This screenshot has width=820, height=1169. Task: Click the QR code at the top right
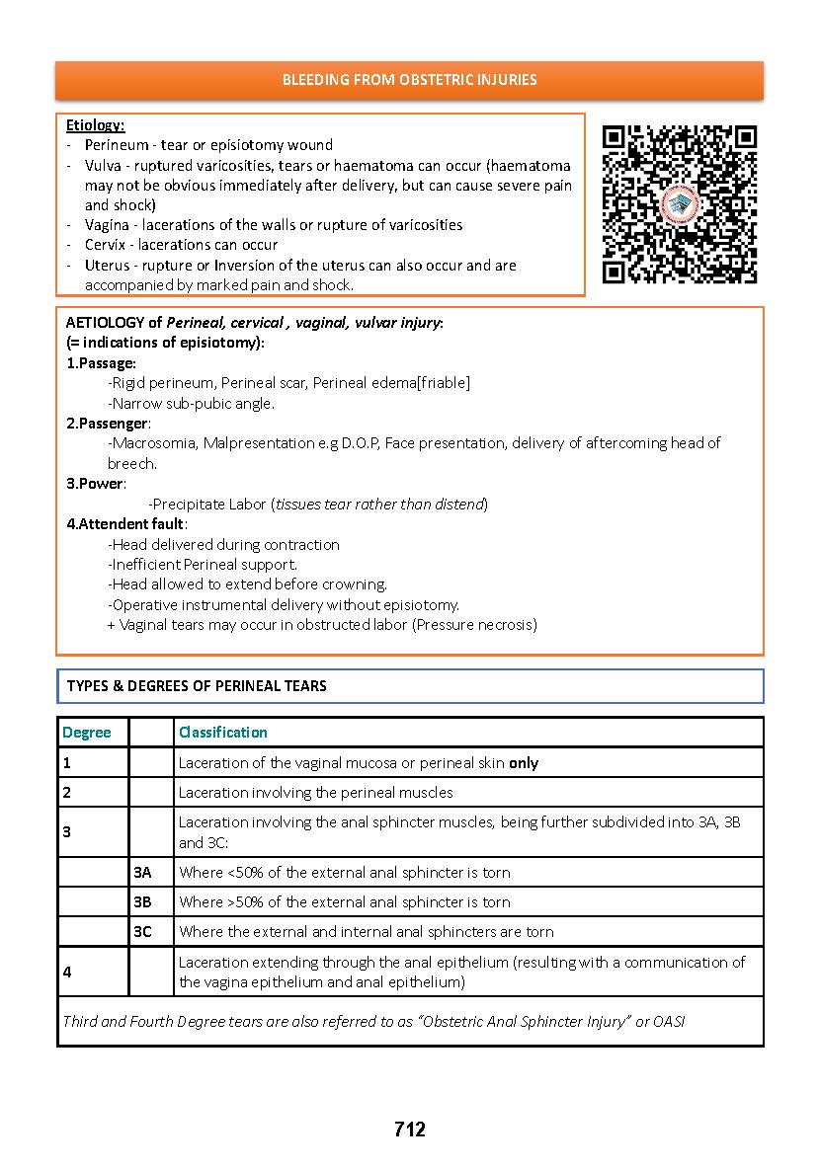pyautogui.click(x=679, y=203)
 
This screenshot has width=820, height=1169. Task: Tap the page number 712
pyautogui.click(x=409, y=1130)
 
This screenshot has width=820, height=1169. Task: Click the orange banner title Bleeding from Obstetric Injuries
pyautogui.click(x=409, y=80)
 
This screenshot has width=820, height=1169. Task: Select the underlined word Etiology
pyautogui.click(x=95, y=125)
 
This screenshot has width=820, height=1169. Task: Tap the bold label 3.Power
pyautogui.click(x=96, y=484)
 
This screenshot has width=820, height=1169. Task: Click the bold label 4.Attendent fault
pyautogui.click(x=125, y=524)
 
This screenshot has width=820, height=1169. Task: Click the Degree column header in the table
pyautogui.click(x=87, y=733)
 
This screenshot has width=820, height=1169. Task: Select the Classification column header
pyautogui.click(x=222, y=733)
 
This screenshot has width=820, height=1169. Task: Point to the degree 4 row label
pyautogui.click(x=67, y=973)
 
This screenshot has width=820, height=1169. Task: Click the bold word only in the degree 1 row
pyautogui.click(x=524, y=763)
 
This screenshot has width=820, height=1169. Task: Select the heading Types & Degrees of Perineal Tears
pyautogui.click(x=197, y=686)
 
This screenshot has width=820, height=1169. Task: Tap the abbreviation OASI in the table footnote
pyautogui.click(x=669, y=1022)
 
